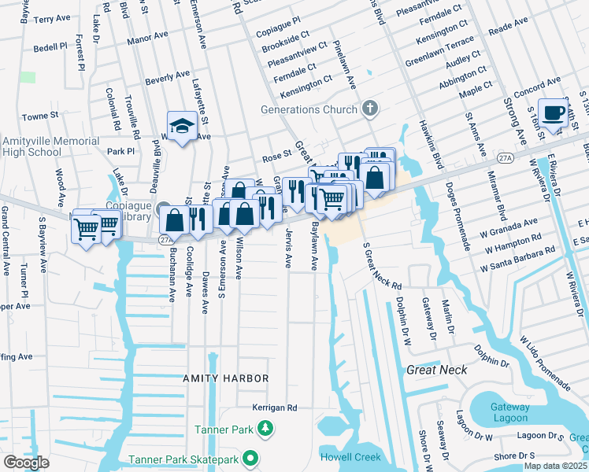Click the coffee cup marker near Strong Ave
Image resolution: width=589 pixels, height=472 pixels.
[x=553, y=112]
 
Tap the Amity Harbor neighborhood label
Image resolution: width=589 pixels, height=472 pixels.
[x=226, y=378]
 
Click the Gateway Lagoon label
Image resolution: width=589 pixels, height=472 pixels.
[x=509, y=411]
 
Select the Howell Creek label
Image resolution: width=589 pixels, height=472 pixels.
[x=350, y=457]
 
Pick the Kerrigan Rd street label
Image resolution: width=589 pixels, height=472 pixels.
[x=274, y=408]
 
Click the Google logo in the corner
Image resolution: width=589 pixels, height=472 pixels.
[x=26, y=462]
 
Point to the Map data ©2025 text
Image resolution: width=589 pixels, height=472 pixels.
[x=555, y=466]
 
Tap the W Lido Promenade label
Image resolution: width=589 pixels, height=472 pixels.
[x=544, y=363]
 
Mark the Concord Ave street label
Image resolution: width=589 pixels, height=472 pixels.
[x=537, y=83]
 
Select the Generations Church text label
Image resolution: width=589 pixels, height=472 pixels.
[x=309, y=110]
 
